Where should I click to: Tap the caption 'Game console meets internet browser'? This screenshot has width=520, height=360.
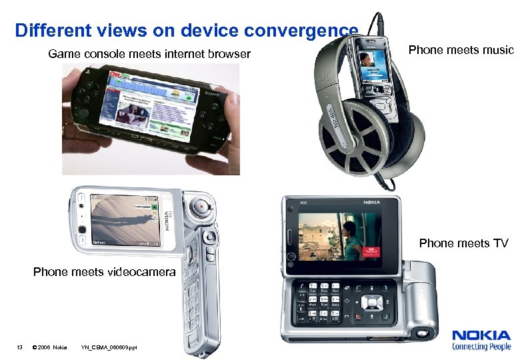click(149, 53)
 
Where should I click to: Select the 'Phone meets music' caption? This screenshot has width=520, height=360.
click(461, 50)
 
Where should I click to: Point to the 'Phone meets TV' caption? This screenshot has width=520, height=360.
click(463, 243)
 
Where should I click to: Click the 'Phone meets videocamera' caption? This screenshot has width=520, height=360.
click(105, 272)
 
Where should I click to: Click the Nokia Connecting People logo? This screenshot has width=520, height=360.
click(481, 340)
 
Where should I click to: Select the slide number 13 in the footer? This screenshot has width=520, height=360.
click(20, 347)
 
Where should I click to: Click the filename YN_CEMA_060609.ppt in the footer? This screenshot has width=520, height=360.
click(109, 347)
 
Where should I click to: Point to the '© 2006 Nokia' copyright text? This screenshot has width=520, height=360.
click(49, 347)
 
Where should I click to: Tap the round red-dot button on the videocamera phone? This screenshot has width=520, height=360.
click(199, 208)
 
